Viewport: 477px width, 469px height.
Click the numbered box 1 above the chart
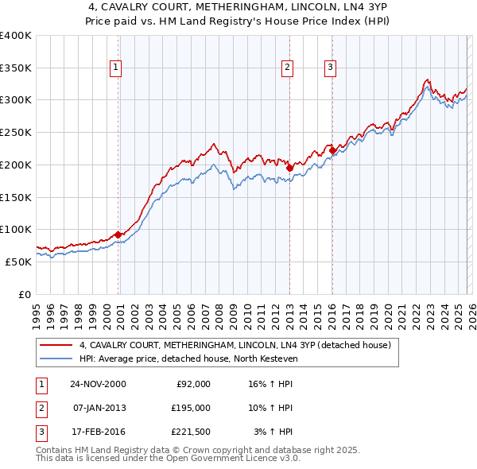click(116, 68)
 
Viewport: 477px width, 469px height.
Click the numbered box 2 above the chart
click(287, 68)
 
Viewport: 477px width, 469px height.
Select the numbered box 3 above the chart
click(330, 68)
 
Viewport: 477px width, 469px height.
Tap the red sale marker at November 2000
click(118, 234)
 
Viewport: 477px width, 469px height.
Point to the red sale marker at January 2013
click(289, 168)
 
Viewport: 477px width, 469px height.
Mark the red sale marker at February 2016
click(332, 150)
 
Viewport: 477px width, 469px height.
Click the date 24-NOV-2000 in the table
click(98, 384)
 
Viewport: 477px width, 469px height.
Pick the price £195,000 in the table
click(191, 408)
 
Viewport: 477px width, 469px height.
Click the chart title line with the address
click(238, 10)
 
